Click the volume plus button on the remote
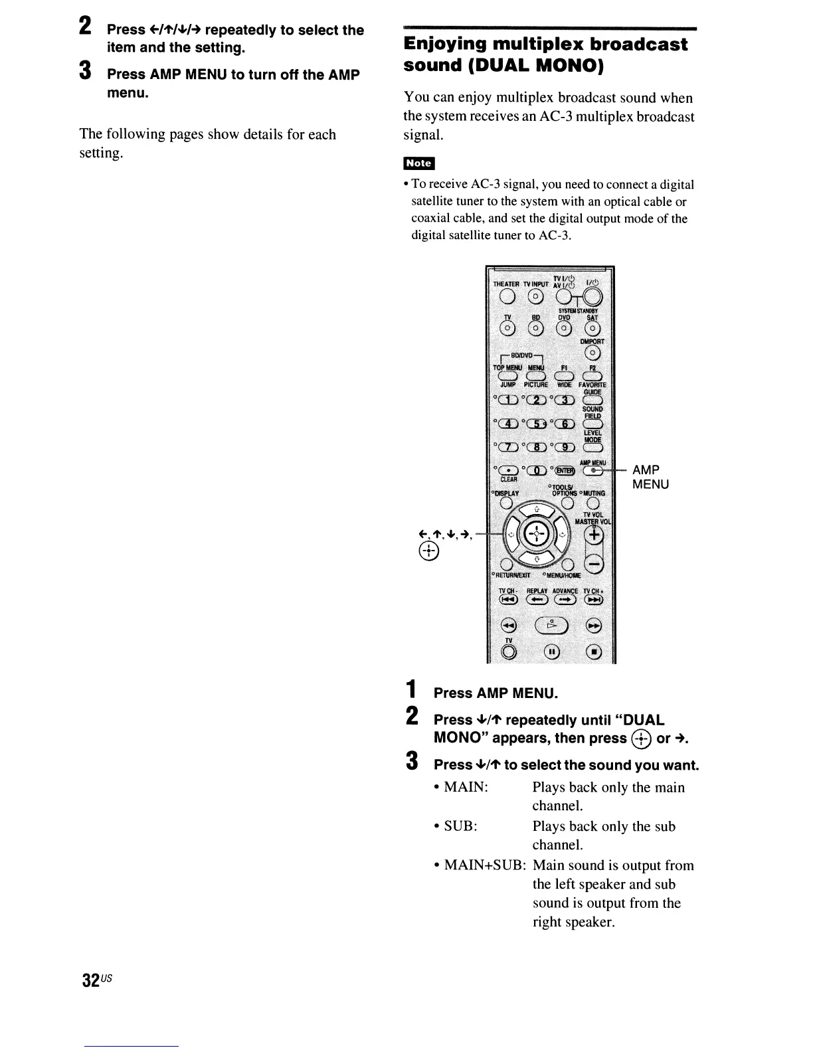click(594, 535)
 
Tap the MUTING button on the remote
click(592, 503)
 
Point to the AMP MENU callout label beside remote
click(650, 477)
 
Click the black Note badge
click(418, 163)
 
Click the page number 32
click(91, 980)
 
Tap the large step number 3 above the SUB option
click(412, 761)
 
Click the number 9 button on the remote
click(565, 447)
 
